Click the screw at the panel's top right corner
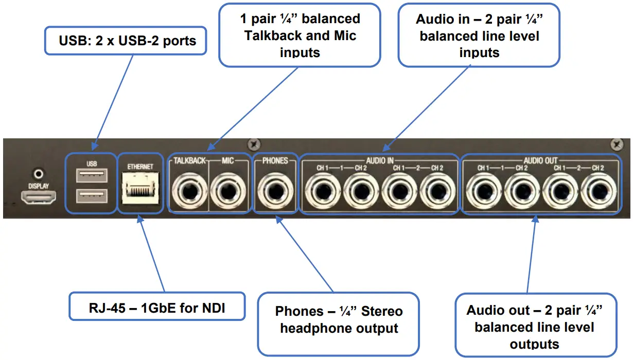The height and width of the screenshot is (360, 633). (x=617, y=145)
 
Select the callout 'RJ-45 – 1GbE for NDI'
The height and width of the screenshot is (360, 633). (x=157, y=307)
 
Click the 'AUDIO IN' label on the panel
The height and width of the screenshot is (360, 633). (x=379, y=160)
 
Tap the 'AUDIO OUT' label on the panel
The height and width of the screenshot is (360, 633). (x=540, y=160)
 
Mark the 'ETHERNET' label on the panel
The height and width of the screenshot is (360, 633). (x=140, y=167)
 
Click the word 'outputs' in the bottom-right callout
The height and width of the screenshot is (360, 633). (x=534, y=344)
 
